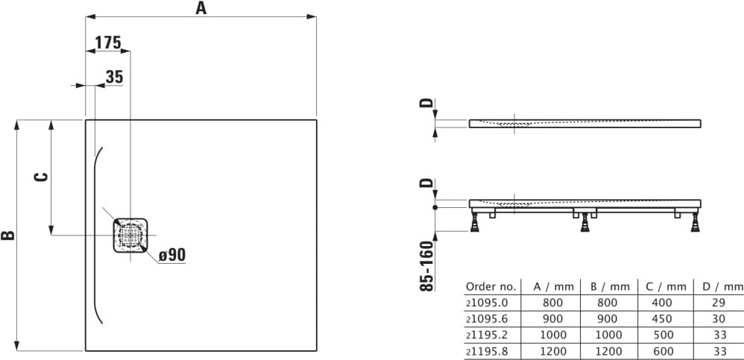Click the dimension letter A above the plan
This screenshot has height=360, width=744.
click(200, 8)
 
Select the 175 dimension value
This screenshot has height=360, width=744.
click(108, 42)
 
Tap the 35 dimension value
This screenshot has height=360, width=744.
click(114, 76)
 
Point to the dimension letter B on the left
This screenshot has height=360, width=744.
click(8, 236)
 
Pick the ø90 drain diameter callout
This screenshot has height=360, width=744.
click(171, 255)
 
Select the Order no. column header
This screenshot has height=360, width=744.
click(490, 286)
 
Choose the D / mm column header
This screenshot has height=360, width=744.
click(719, 286)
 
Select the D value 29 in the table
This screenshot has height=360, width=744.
click(719, 303)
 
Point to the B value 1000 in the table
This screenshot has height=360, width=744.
click(605, 335)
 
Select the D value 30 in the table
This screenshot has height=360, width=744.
click(719, 318)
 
